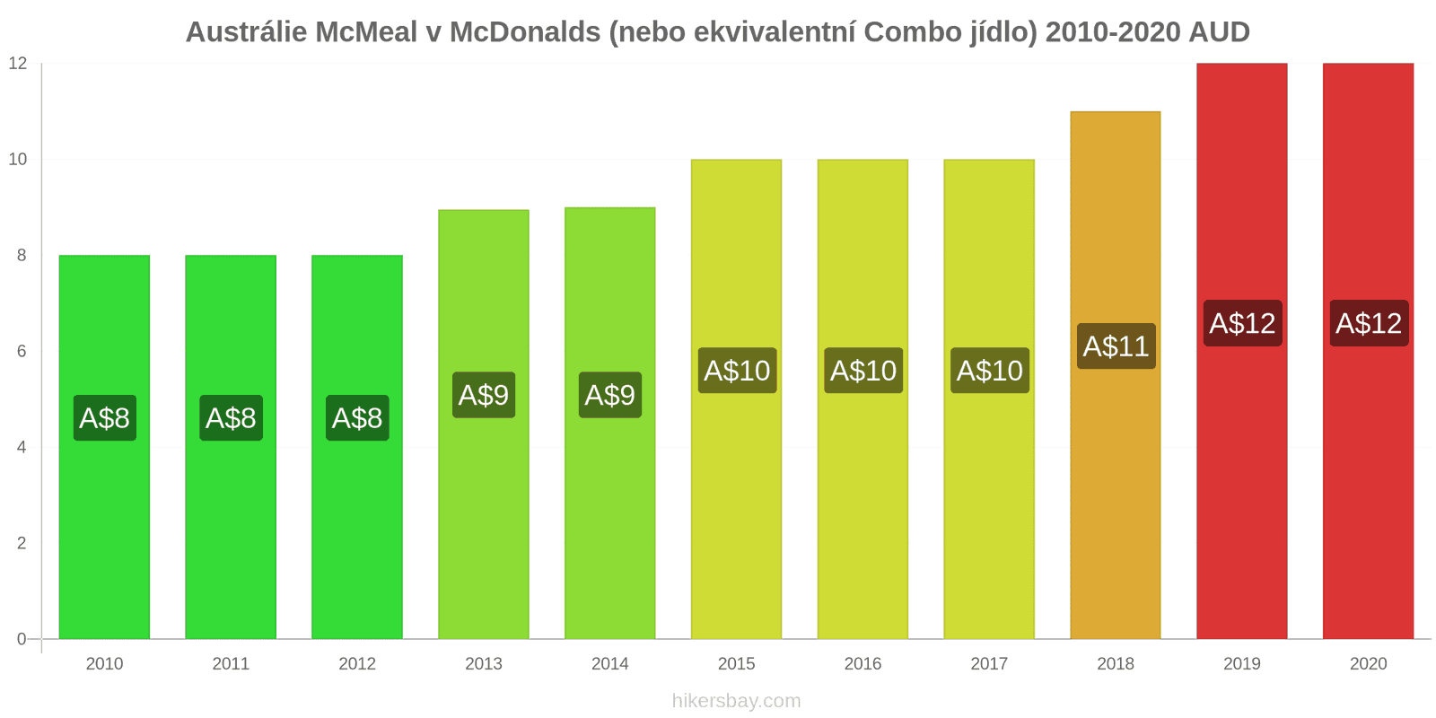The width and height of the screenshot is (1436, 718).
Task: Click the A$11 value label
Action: pyautogui.click(x=1116, y=346)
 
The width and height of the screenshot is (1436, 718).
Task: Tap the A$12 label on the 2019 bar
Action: pyautogui.click(x=1242, y=323)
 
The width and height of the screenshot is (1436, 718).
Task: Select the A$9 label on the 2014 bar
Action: pyautogui.click(x=610, y=395)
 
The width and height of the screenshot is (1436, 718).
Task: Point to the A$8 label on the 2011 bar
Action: pyautogui.click(x=231, y=418)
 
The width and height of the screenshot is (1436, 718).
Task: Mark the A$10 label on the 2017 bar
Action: pyautogui.click(x=989, y=371)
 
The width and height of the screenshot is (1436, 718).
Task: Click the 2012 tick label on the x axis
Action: pyautogui.click(x=357, y=664)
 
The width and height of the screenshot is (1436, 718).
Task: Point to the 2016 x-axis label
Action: pyautogui.click(x=862, y=664)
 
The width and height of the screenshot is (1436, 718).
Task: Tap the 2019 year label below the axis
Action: pyautogui.click(x=1242, y=664)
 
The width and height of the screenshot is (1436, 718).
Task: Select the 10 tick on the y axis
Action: pyautogui.click(x=18, y=160)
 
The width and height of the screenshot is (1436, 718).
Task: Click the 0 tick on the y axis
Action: pyautogui.click(x=22, y=639)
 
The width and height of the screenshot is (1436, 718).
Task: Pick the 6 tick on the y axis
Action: pyautogui.click(x=22, y=352)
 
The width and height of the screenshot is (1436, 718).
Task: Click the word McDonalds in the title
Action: pyautogui.click(x=525, y=32)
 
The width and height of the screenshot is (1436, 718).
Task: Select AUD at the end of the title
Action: pyautogui.click(x=1219, y=32)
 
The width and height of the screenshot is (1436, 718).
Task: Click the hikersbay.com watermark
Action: pyautogui.click(x=736, y=701)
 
